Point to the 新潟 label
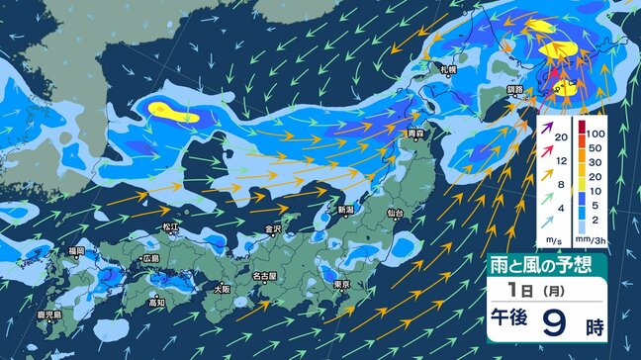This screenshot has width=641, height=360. [345, 210]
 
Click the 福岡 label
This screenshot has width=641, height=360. [77, 252]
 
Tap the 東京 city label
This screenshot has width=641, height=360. [342, 284]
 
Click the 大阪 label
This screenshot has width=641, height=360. [223, 290]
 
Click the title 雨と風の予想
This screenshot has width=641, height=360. [547, 264]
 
